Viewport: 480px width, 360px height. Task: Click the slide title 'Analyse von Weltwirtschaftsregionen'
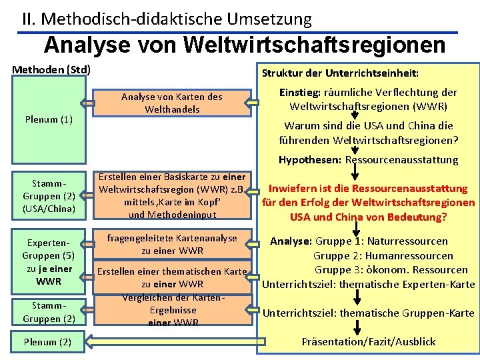[245, 45]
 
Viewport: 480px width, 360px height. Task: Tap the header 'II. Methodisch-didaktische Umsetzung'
[167, 19]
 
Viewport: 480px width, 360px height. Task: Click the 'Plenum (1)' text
[49, 119]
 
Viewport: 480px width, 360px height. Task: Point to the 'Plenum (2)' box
[49, 342]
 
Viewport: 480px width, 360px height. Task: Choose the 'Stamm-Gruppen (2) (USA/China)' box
[49, 196]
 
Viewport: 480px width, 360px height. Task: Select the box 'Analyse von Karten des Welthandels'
[171, 103]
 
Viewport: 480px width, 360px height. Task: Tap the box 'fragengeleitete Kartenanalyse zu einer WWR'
[171, 244]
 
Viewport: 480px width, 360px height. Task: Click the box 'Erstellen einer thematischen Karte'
[171, 272]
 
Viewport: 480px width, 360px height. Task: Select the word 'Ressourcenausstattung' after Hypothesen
[401, 160]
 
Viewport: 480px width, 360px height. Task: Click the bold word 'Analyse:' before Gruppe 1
[291, 241]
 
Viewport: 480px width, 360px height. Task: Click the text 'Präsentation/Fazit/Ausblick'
[368, 342]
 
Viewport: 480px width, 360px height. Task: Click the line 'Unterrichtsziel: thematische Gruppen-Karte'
[368, 313]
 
